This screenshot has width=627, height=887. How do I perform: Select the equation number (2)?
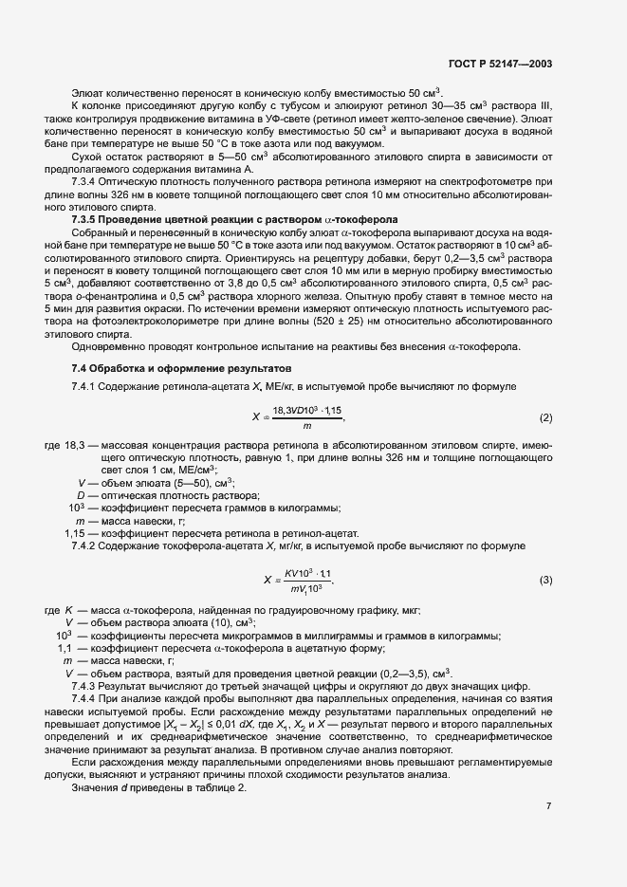click(545, 418)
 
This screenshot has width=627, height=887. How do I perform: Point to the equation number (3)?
click(545, 580)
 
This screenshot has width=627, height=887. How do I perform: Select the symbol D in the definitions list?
click(82, 495)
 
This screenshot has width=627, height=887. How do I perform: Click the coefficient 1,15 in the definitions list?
click(76, 533)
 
